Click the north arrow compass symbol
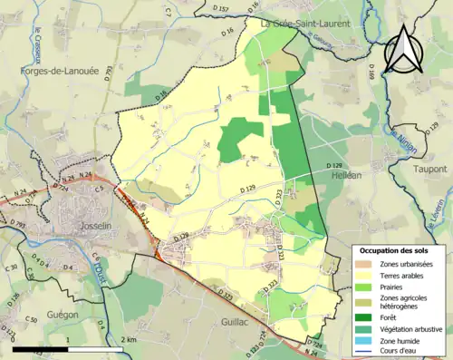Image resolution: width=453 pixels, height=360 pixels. click(x=405, y=48)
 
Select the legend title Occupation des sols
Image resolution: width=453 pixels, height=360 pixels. click(x=397, y=249)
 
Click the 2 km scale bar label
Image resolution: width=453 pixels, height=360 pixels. click(x=129, y=338)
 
